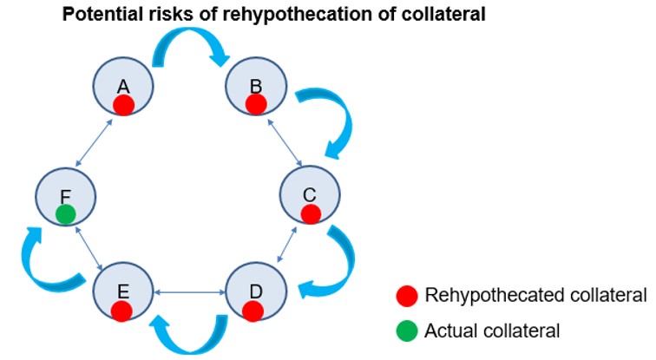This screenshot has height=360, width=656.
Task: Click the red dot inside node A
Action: point(123,106)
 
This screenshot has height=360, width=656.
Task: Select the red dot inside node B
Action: point(255,104)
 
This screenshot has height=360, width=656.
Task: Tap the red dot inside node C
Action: point(311,213)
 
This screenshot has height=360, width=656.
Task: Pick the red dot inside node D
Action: point(253,310)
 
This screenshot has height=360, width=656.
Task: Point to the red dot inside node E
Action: point(121,310)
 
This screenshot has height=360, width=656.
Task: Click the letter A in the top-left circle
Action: point(122,86)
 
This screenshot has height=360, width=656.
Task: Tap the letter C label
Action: point(310,194)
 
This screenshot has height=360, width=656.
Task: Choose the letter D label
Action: point(253,291)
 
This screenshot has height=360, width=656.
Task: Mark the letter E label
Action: point(121,291)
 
